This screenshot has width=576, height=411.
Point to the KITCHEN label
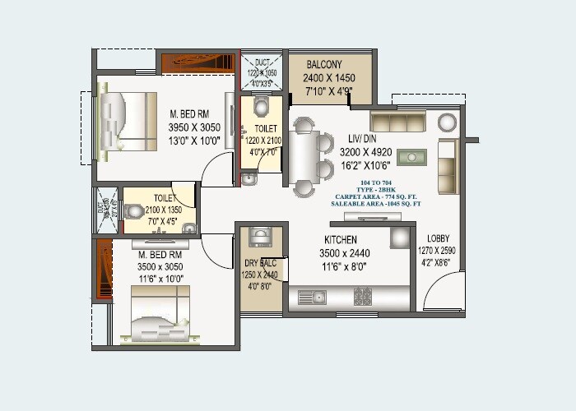tap(339, 240)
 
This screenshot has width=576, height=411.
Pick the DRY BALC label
tap(261, 263)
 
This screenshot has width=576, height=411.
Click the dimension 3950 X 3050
tap(194, 127)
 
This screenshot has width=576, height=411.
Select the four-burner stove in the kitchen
tap(364, 296)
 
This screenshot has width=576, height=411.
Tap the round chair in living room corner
tap(447, 122)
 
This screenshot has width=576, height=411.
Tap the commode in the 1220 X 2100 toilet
tap(261, 107)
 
